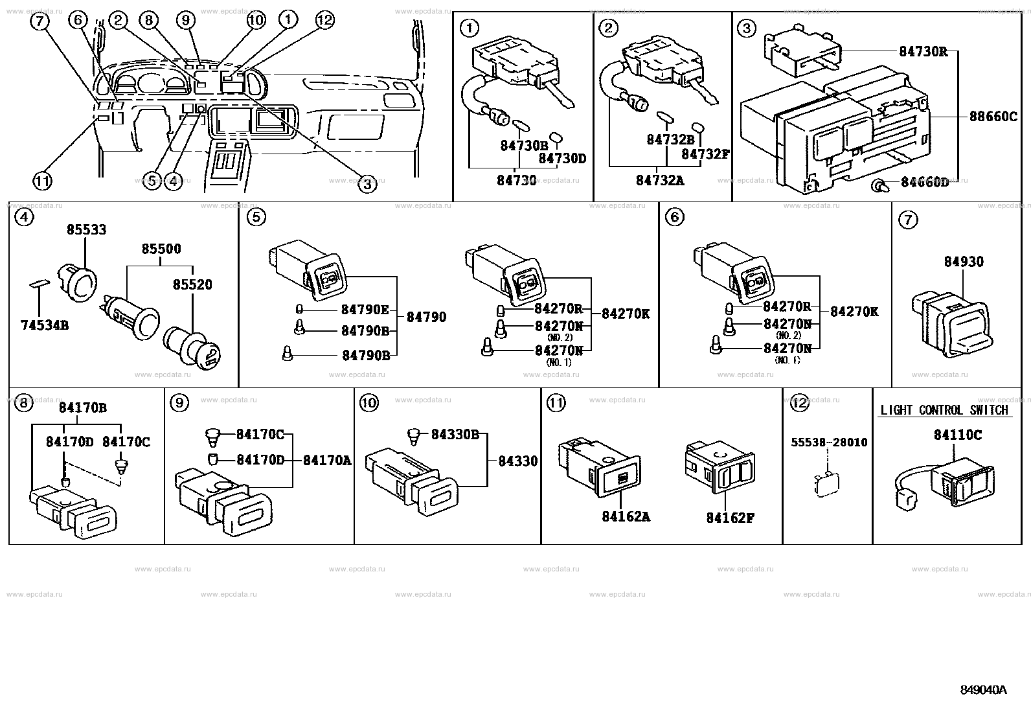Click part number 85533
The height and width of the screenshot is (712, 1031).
click(87, 230)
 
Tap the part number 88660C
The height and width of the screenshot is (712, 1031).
click(993, 117)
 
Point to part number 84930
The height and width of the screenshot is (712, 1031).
click(963, 262)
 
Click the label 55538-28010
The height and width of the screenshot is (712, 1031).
click(829, 442)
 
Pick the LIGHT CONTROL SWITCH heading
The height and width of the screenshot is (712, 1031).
click(944, 410)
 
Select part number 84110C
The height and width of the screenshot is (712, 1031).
click(957, 435)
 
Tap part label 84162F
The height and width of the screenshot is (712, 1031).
click(731, 518)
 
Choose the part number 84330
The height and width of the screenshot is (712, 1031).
click(517, 461)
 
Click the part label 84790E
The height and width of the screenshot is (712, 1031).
click(365, 309)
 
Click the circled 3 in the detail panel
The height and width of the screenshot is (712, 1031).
click(747, 29)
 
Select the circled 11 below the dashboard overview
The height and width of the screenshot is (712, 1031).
click(43, 181)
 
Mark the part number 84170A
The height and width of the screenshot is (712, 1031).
click(326, 461)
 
